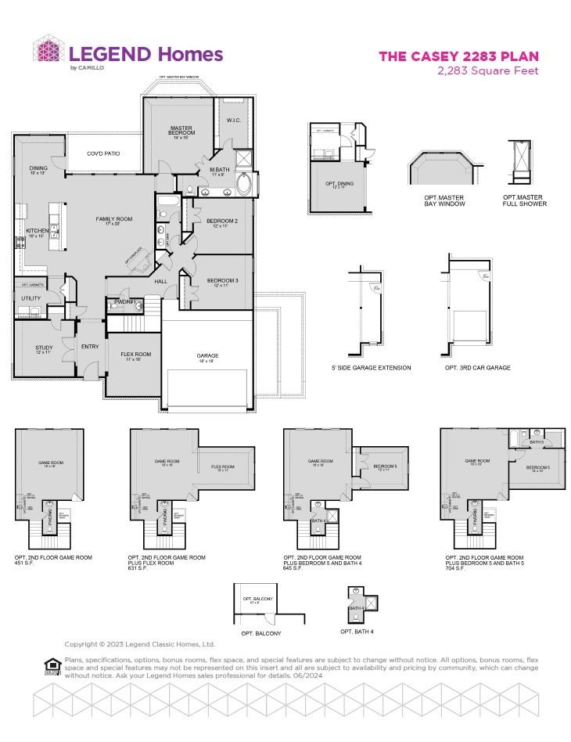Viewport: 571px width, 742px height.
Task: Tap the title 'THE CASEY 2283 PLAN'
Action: pos(458,56)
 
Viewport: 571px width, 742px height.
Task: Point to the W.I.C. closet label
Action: pos(233,120)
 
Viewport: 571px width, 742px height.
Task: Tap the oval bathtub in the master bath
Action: pos(243,185)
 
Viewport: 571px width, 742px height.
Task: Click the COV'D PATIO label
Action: pos(102,153)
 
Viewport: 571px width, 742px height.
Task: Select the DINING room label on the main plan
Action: pos(38,169)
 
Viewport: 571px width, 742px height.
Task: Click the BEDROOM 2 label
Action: pos(222,222)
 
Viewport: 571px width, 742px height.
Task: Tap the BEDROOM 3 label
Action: pos(222,281)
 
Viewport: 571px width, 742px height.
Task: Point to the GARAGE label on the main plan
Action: pos(207,356)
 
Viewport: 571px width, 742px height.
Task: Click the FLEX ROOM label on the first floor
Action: pos(135,355)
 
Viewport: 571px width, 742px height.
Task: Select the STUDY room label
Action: pos(44,348)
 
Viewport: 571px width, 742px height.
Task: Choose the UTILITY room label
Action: pos(31,298)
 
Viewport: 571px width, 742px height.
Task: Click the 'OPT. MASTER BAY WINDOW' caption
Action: pos(440,200)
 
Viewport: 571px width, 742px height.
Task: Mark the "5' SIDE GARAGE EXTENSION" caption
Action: pos(371,367)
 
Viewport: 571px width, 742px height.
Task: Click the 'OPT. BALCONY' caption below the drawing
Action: pos(260,632)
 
